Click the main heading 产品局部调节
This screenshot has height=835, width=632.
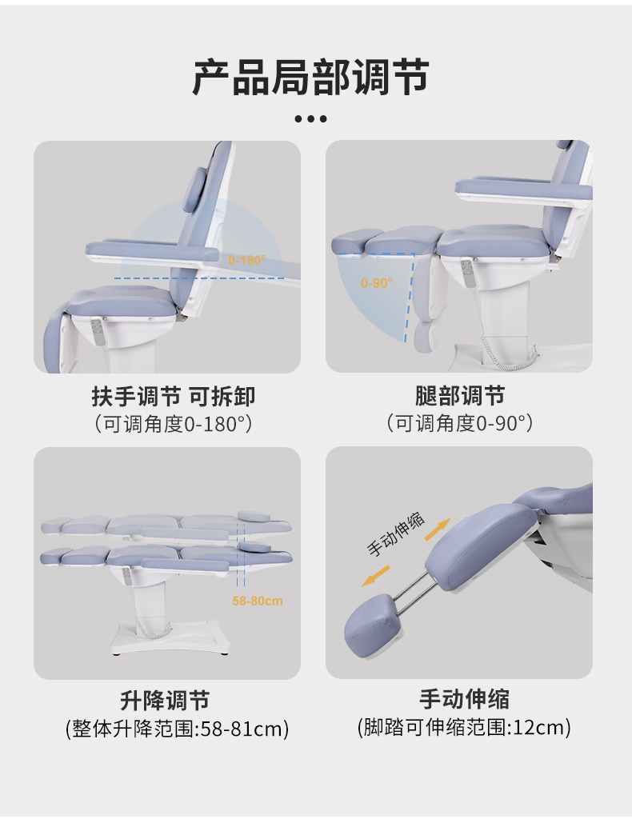pos(310,78)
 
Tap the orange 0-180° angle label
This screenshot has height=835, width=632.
pos(247,261)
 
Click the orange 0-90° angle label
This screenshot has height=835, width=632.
pos(377,283)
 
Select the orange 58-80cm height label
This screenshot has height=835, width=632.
pos(257,601)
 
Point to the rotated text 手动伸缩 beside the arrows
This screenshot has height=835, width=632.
pos(395,534)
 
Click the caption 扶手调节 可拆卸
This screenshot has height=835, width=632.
pos(173,397)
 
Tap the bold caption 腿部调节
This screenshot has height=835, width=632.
pos(460,396)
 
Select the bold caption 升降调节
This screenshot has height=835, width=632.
pos(165,701)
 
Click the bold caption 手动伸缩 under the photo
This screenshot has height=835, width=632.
pos(464,699)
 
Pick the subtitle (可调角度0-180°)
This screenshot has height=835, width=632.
pos(173,425)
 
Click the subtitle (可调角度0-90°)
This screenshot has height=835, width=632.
pos(459,424)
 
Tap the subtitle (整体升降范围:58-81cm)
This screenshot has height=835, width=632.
pos(178,729)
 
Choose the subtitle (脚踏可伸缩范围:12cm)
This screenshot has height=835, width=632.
pos(464,728)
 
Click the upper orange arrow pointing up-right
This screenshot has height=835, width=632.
pos(438,529)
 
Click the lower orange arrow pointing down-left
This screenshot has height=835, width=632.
pos(375,576)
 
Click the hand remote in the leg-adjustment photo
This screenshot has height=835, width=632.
pos(467,274)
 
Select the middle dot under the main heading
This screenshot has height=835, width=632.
pos(310,118)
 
